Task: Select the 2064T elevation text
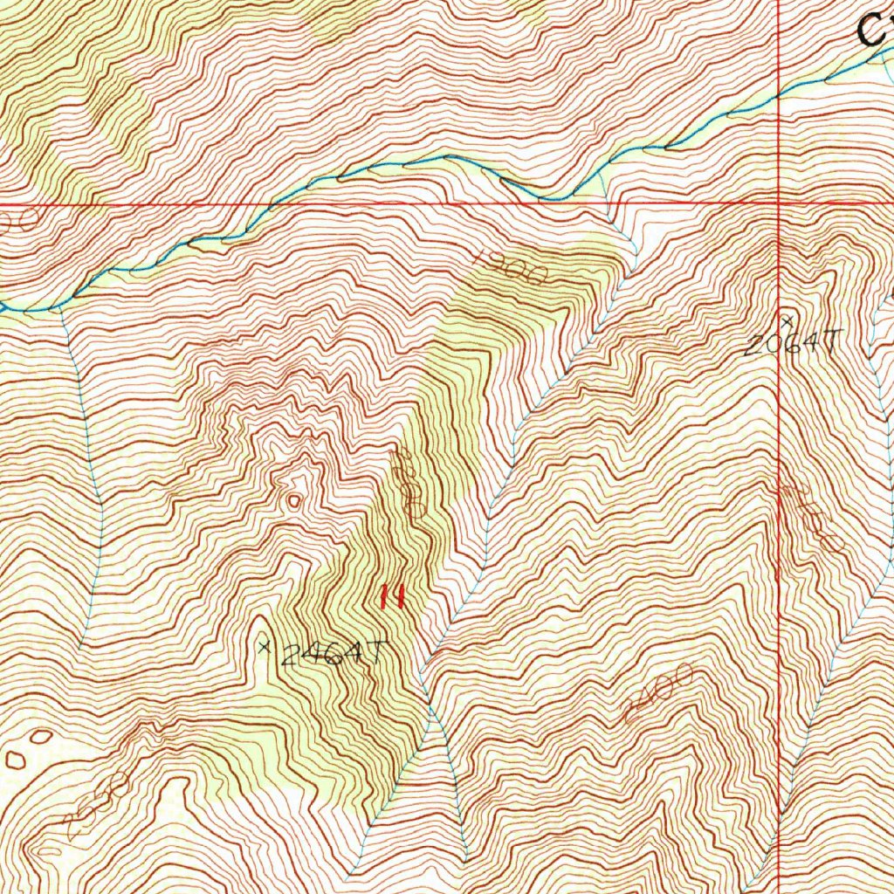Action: (x=790, y=343)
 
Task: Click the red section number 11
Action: (x=390, y=597)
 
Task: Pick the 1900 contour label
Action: (x=512, y=266)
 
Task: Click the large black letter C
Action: (x=873, y=31)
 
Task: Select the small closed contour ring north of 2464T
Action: (x=295, y=501)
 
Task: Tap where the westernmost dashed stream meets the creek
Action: (x=59, y=307)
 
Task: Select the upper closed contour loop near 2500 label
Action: (x=40, y=736)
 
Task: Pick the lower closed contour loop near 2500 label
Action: (x=16, y=759)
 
